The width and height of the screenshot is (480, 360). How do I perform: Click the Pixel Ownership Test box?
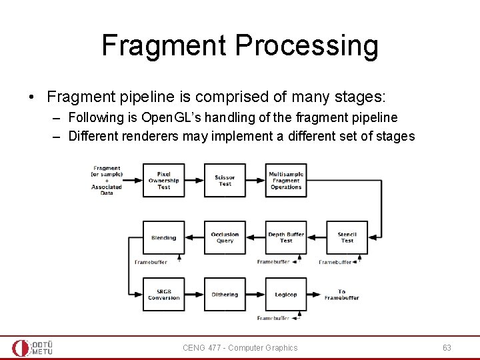point(163,180)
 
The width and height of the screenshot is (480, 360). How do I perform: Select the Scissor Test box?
point(225,180)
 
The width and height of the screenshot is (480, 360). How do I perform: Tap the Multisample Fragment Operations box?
point(285,180)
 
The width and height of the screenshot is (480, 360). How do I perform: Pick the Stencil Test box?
point(347,237)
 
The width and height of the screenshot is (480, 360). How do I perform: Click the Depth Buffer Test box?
point(285,237)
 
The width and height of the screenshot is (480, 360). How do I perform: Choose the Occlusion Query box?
point(225,237)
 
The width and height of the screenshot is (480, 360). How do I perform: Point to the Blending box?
point(163,237)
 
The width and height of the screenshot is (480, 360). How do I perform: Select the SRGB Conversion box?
point(163,294)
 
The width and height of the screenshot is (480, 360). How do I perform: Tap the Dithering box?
point(225,294)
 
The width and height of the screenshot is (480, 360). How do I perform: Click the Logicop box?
point(285,294)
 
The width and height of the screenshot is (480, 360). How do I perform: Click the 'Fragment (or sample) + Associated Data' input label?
point(107,180)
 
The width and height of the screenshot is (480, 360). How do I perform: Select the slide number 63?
point(447,347)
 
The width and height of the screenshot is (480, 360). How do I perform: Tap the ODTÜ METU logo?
point(33,348)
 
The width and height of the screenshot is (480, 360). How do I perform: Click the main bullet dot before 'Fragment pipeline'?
point(32,97)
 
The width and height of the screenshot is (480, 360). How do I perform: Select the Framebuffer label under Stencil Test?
point(335,262)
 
